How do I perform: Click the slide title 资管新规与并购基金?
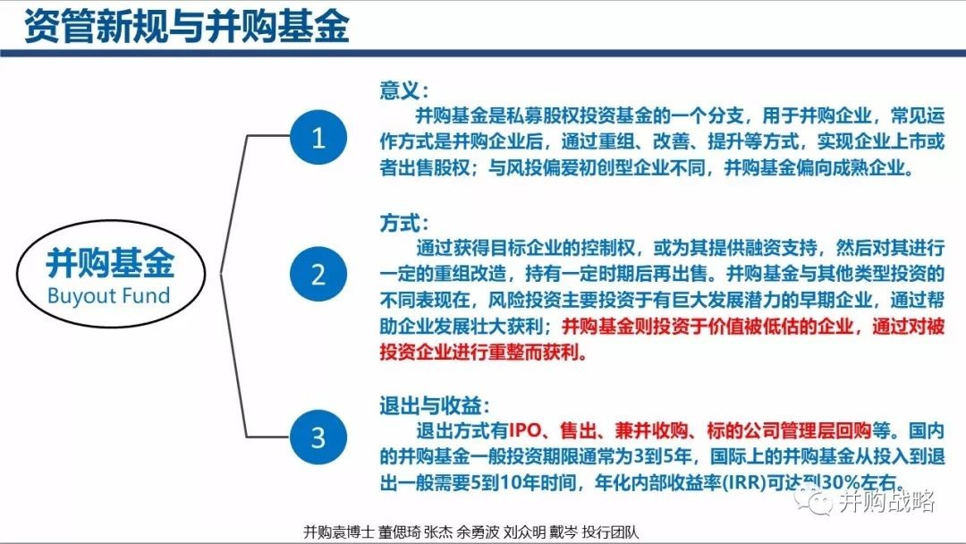(x=187, y=27)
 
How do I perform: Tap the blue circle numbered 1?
(x=318, y=138)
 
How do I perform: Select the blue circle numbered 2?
(x=318, y=274)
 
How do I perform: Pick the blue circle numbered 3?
(x=318, y=438)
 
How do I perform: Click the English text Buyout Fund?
(x=108, y=296)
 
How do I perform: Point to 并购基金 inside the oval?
(x=110, y=263)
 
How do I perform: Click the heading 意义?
(x=404, y=90)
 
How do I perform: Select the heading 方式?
(x=404, y=223)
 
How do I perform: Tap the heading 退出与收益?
(x=435, y=406)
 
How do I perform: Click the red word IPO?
(x=525, y=430)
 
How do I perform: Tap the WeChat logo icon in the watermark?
(x=812, y=500)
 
